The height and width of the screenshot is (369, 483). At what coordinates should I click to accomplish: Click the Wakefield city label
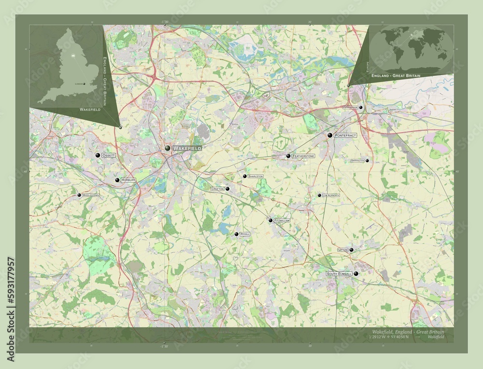(x=187, y=148)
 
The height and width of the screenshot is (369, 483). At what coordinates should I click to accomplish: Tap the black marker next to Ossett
(x=98, y=155)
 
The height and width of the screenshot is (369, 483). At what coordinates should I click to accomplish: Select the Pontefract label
(x=345, y=136)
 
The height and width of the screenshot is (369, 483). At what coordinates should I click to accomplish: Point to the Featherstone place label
(x=303, y=156)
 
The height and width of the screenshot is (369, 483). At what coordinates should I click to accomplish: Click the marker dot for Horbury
(x=117, y=180)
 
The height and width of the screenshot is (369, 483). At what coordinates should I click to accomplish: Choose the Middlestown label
(x=91, y=195)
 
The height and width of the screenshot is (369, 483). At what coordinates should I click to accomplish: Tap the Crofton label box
(x=217, y=189)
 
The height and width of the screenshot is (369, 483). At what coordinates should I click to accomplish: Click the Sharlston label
(x=256, y=177)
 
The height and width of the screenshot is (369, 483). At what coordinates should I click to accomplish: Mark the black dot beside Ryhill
(x=237, y=234)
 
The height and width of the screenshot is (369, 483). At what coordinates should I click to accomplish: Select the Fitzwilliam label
(x=282, y=220)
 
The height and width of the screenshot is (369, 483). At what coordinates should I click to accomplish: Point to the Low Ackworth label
(x=331, y=195)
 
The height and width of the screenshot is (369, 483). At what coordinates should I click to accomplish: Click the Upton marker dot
(x=352, y=250)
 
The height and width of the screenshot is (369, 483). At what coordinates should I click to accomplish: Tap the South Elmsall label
(x=340, y=274)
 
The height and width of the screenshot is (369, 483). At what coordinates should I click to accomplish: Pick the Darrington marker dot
(x=367, y=161)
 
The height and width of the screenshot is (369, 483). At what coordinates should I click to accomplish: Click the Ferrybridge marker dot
(x=361, y=108)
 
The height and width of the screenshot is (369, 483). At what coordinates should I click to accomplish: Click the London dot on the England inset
(x=85, y=84)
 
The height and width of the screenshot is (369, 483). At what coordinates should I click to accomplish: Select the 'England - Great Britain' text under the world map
(x=396, y=76)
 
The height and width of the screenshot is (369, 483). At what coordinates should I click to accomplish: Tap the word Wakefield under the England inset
(x=90, y=110)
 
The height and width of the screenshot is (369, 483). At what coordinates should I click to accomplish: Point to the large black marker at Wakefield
(x=167, y=149)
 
